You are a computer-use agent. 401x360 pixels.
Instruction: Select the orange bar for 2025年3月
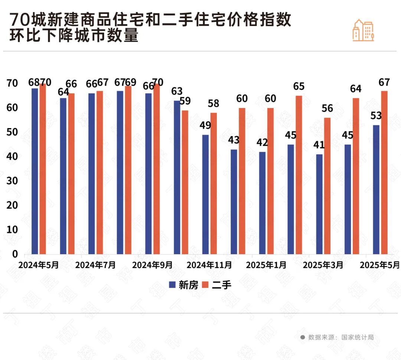tap(327, 186)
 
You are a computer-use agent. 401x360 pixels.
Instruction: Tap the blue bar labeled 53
tap(376, 189)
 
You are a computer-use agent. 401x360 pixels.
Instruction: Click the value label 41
tap(319, 145)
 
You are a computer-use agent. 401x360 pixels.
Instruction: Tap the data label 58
tap(213, 103)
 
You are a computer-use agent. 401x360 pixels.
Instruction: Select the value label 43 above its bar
tap(234, 140)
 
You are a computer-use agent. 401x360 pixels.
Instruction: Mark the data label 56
tap(327, 108)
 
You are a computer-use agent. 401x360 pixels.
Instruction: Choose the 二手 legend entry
tap(218, 285)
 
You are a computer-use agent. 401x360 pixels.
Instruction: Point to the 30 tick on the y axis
tap(12, 181)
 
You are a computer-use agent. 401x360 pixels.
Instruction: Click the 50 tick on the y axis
tap(12, 132)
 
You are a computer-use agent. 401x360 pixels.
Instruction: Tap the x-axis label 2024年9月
tap(153, 265)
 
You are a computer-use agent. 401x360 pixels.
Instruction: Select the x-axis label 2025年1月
tap(266, 265)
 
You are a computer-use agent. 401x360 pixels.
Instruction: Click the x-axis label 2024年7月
tap(95, 265)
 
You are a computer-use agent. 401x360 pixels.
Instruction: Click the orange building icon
tap(363, 30)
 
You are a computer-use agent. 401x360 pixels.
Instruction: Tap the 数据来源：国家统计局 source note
tap(337, 337)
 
